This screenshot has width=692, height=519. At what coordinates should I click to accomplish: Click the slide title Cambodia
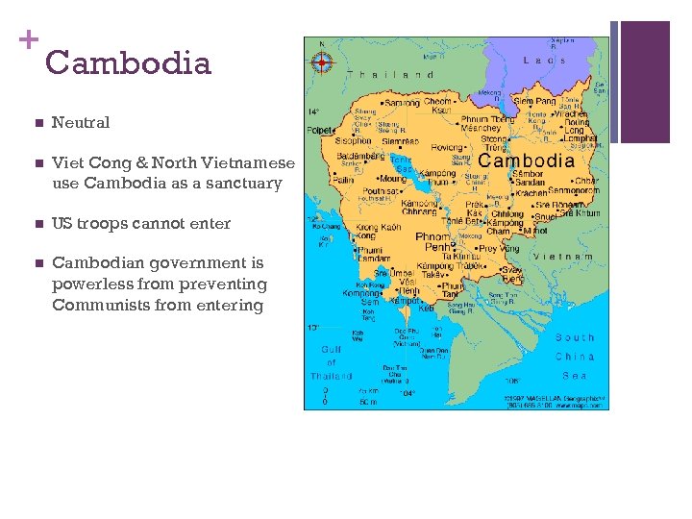[x=127, y=63]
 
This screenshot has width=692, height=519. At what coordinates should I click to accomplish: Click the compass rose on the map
[x=322, y=63]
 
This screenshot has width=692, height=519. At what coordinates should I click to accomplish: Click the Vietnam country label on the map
[x=563, y=257]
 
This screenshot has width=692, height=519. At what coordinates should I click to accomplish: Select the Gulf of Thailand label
[x=332, y=362]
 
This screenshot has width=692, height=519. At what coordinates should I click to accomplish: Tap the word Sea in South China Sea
[x=575, y=376]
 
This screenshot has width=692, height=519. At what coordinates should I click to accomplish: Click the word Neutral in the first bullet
[x=81, y=122]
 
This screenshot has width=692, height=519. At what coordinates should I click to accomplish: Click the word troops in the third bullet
[x=108, y=223]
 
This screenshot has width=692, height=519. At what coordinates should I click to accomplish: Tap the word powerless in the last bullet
[x=92, y=284]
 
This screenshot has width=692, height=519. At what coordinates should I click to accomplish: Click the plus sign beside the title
[x=28, y=39]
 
